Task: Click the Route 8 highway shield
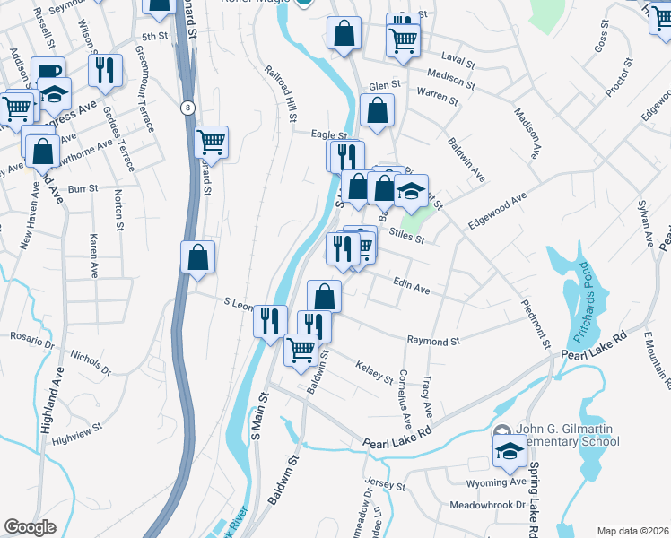coord(187,108)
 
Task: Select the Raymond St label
coord(433,341)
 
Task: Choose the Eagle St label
coord(328,134)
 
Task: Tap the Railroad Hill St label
coord(280,93)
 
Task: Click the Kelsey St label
coord(374,371)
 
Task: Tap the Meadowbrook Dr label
coord(487,505)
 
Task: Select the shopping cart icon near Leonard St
coord(211,141)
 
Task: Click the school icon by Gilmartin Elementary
coord(510,450)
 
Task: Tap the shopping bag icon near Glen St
coord(377,111)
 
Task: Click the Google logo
coord(30,527)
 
